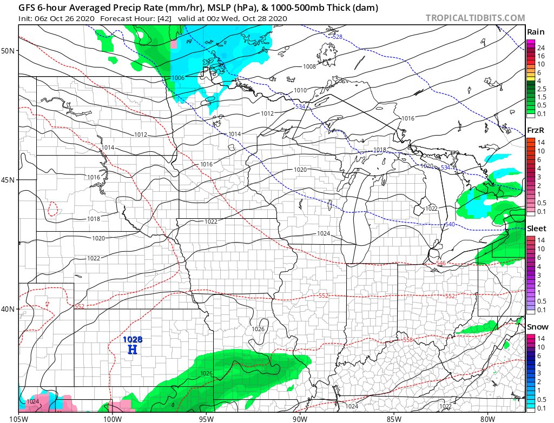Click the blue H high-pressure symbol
click(132, 350)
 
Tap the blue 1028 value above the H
click(133, 339)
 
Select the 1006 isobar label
click(178, 78)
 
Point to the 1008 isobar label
click(309, 66)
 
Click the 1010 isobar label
click(300, 90)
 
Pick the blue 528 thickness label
click(337, 37)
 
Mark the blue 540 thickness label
click(450, 224)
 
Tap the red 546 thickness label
click(441, 263)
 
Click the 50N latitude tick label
click(8, 51)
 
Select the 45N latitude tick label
click(8, 180)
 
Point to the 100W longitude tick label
click(112, 418)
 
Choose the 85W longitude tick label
click(394, 418)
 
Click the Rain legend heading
click(535, 32)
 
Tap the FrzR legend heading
click(535, 130)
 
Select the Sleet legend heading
click(537, 229)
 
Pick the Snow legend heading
click(537, 327)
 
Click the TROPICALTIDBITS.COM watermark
click(475, 18)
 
